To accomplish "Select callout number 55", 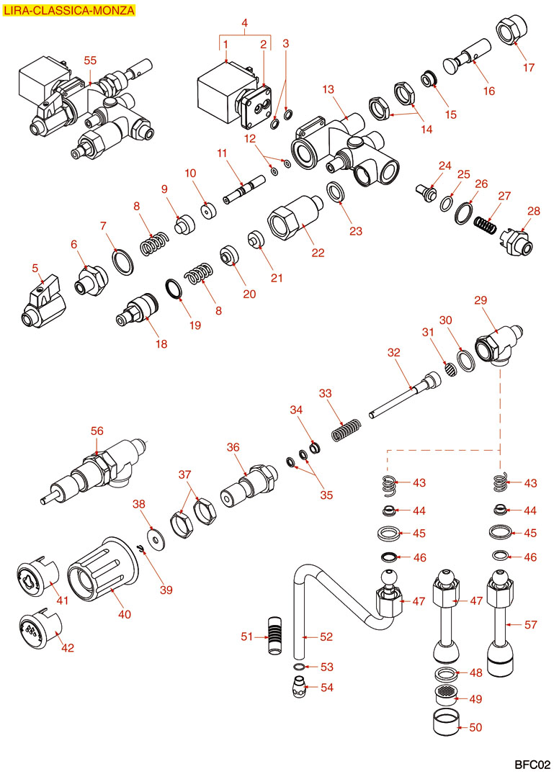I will tap(90, 60).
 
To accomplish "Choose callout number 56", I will tap(97, 431).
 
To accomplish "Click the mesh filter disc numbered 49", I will tap(447, 698).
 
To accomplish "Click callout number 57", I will tap(531, 624).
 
